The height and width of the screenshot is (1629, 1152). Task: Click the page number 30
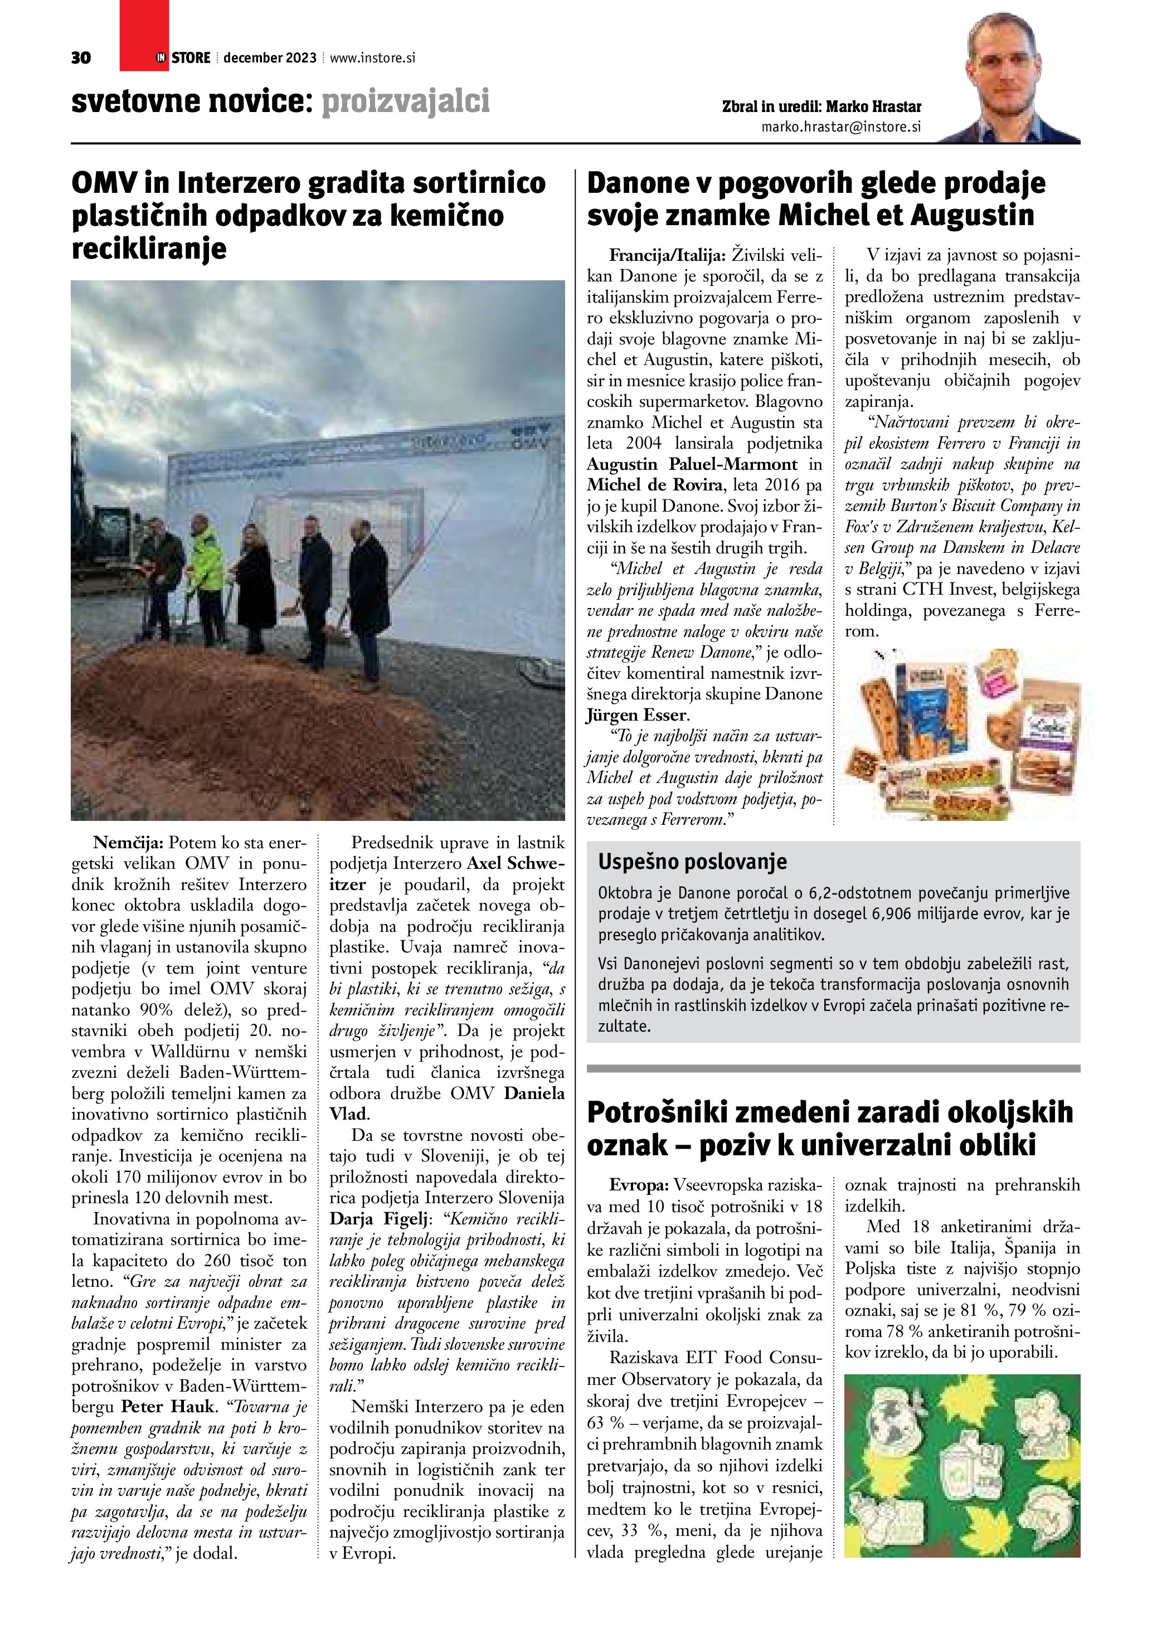(81, 58)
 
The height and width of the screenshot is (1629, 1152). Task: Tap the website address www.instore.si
(372, 58)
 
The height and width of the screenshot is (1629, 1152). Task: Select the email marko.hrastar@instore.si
(840, 127)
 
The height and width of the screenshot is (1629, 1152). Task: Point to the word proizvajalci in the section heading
(405, 101)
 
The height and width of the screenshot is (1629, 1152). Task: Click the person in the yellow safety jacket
(205, 575)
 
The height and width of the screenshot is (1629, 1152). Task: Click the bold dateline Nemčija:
(128, 843)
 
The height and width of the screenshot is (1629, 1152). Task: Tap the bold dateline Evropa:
(639, 1185)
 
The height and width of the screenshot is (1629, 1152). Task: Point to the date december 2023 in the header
(270, 58)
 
